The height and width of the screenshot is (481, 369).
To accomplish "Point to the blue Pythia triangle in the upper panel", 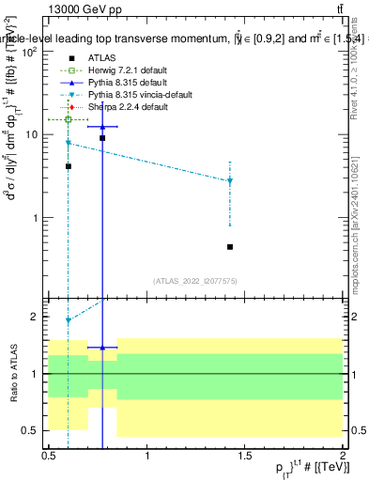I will coord(102,126).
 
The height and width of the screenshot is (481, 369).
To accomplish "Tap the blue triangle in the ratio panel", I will coord(102,348).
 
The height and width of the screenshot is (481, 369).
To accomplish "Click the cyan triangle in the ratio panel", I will coord(69,319).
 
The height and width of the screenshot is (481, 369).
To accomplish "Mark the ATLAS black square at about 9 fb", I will coord(102,138).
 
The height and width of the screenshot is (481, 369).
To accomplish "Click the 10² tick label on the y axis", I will coord(32,53).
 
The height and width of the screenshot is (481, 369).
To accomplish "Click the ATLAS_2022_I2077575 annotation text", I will coord(196,281).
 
